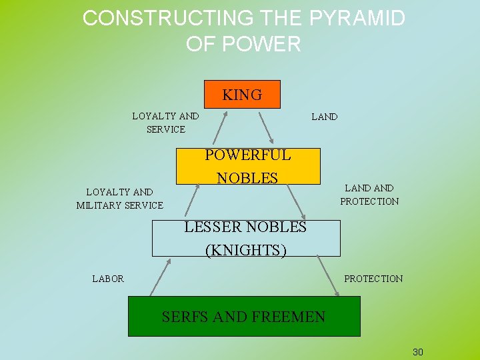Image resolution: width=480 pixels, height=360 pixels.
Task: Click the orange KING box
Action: point(242,94)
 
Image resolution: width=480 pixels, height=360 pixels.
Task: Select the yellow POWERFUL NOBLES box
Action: point(247,166)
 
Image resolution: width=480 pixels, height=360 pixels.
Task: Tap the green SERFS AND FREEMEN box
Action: point(243,316)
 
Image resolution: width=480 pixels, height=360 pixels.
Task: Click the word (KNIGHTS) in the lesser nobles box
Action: point(246,250)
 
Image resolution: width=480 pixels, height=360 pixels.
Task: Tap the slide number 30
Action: point(418,352)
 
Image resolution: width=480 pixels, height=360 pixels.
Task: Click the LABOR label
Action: point(108,279)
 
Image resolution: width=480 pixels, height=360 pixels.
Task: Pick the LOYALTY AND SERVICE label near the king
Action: point(165,122)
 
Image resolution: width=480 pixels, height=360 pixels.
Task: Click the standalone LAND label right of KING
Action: point(325,117)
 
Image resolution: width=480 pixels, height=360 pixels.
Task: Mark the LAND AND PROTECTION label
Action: point(369,195)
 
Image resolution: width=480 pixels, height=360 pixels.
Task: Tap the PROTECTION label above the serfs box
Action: point(373,279)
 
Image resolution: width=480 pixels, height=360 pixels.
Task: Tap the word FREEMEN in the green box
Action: point(288,317)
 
